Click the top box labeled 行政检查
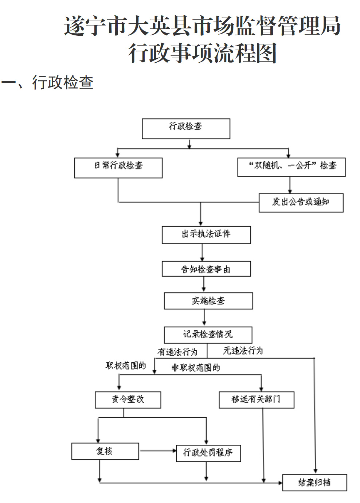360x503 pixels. (x=186, y=128)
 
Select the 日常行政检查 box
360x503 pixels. (x=118, y=168)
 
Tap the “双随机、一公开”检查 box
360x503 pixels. (x=291, y=167)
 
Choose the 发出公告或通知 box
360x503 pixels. (x=301, y=203)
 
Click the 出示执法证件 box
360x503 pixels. (x=206, y=235)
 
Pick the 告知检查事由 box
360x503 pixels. (x=206, y=269)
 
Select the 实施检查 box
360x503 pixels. (x=208, y=301)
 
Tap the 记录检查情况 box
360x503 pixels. (x=208, y=335)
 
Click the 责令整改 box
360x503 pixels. (x=128, y=400)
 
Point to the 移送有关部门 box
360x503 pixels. (x=256, y=400)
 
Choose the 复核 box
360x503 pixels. (x=105, y=451)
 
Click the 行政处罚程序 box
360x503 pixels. (x=208, y=453)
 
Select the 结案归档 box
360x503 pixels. (x=314, y=483)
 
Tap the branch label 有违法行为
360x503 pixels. (x=177, y=352)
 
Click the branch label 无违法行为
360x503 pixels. (x=243, y=351)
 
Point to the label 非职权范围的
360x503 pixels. (x=196, y=368)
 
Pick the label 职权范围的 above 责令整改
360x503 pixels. (x=126, y=366)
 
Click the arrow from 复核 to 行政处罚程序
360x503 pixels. (x=157, y=451)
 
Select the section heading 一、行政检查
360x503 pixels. (x=47, y=82)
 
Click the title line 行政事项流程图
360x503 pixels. (x=203, y=53)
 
